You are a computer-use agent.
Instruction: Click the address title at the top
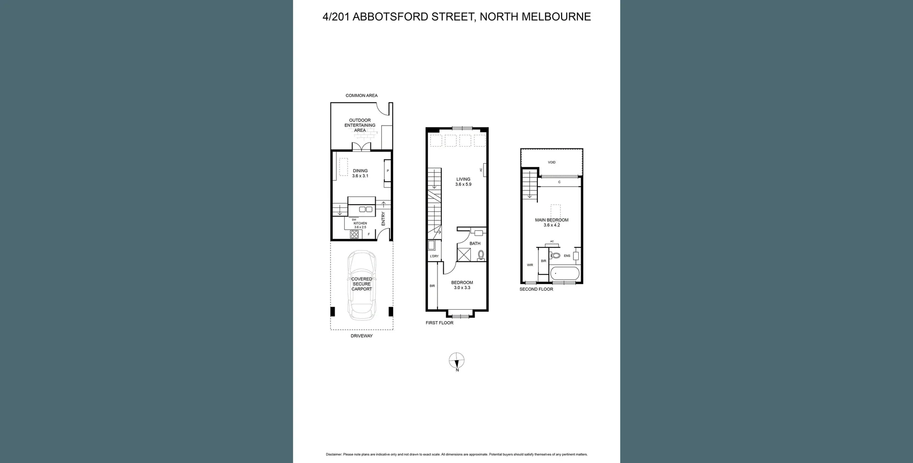click(x=456, y=17)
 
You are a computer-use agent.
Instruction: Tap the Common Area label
click(x=361, y=96)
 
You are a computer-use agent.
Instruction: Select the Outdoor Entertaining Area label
click(x=360, y=125)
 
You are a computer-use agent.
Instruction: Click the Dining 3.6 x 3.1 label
click(x=360, y=173)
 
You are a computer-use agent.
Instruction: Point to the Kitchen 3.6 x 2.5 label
click(x=360, y=225)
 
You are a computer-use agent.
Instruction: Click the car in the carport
click(x=361, y=286)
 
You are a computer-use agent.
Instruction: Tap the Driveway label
click(x=361, y=336)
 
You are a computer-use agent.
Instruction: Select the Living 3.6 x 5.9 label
click(x=463, y=182)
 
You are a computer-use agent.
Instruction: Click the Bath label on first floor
click(x=475, y=244)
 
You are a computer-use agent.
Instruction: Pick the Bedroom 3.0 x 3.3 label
click(x=462, y=285)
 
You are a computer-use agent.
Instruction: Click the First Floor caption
click(x=439, y=323)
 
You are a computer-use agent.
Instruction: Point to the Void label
click(x=552, y=162)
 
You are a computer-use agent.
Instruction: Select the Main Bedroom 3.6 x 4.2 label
click(x=552, y=222)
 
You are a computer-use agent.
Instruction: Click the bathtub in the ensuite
click(x=564, y=274)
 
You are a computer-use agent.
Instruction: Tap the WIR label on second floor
click(x=530, y=265)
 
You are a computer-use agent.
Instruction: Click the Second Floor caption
click(x=536, y=289)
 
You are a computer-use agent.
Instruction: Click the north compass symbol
click(x=456, y=361)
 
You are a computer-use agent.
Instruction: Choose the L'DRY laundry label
click(x=434, y=256)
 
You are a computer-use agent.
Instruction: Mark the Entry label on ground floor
click(x=383, y=218)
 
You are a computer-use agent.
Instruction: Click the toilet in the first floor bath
click(x=481, y=255)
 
